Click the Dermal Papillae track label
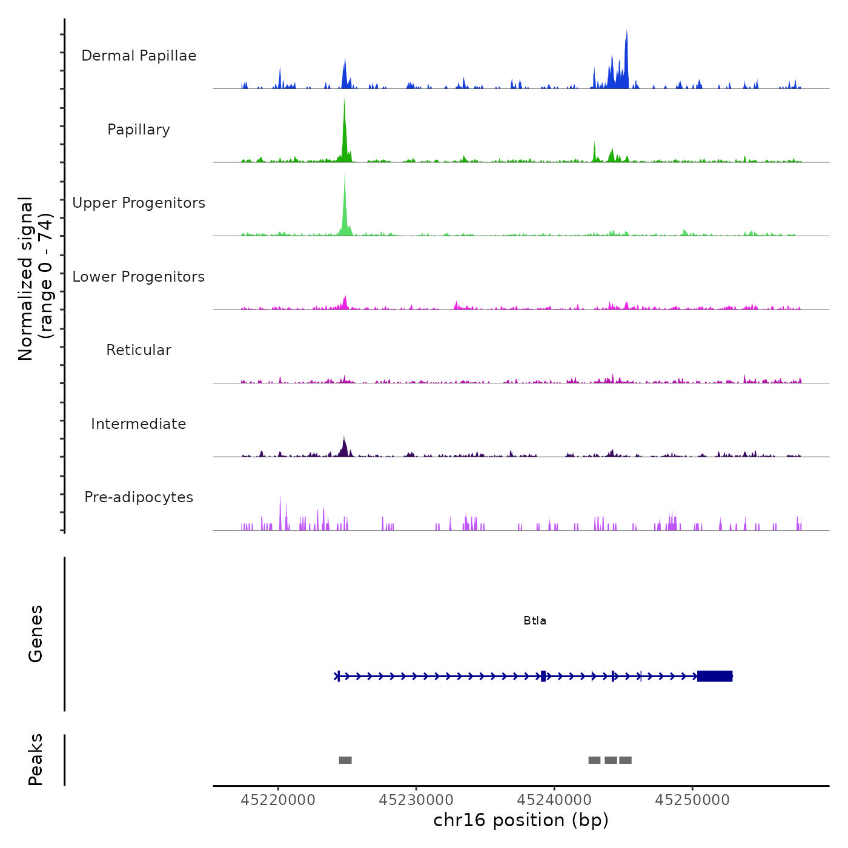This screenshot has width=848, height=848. [x=139, y=56]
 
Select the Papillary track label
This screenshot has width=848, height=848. [x=139, y=130]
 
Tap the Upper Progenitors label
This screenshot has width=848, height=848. [x=139, y=203]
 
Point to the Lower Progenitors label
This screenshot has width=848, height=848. [x=139, y=277]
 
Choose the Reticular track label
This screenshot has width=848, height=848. [x=139, y=350]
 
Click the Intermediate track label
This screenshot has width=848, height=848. [x=139, y=424]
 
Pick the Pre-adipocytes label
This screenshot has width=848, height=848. [x=139, y=497]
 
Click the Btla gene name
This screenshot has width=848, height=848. [x=535, y=621]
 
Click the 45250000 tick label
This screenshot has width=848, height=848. [x=692, y=800]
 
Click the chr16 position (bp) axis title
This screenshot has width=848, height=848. [x=521, y=820]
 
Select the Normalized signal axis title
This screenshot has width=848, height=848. [x=35, y=278]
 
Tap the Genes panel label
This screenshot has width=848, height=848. [x=35, y=634]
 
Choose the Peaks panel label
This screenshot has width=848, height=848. [x=35, y=760]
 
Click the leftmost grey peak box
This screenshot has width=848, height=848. [x=345, y=760]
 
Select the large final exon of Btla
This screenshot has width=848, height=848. [x=715, y=676]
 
